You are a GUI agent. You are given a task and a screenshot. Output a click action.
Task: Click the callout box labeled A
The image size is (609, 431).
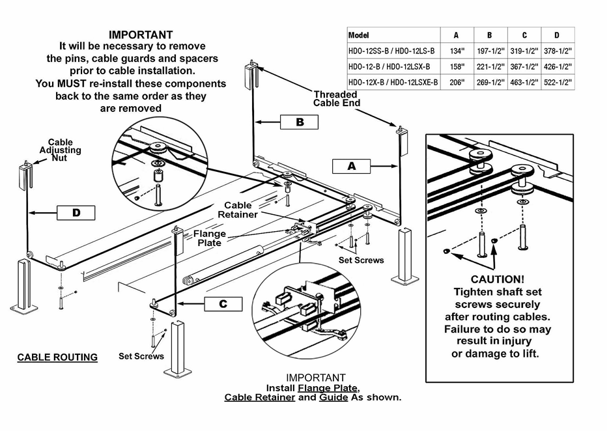[352, 166]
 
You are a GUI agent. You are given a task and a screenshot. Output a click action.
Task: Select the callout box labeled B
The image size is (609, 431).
[300, 122]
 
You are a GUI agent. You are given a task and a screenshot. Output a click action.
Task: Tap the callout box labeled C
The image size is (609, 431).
[223, 304]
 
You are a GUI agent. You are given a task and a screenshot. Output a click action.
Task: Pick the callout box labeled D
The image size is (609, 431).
[76, 212]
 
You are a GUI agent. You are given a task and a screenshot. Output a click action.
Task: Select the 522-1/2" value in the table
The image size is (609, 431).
[557, 83]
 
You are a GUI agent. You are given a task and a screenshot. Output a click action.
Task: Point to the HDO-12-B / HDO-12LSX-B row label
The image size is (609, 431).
[387, 66]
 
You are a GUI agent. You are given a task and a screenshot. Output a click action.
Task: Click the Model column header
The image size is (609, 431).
[359, 35]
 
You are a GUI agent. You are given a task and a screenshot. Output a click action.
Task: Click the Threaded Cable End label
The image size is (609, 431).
[336, 98]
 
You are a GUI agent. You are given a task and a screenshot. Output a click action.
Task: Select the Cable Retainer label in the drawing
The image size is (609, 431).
[237, 210]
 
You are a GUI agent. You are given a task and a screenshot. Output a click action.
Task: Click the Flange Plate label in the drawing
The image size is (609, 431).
[210, 238]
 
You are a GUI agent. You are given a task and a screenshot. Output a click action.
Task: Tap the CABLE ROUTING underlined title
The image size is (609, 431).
[57, 357]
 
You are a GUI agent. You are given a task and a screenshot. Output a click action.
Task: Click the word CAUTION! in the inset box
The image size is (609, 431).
[498, 279]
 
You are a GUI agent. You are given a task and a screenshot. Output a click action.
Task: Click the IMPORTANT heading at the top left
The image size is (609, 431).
[141, 35]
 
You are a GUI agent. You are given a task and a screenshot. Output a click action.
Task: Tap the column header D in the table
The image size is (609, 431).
[556, 35]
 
